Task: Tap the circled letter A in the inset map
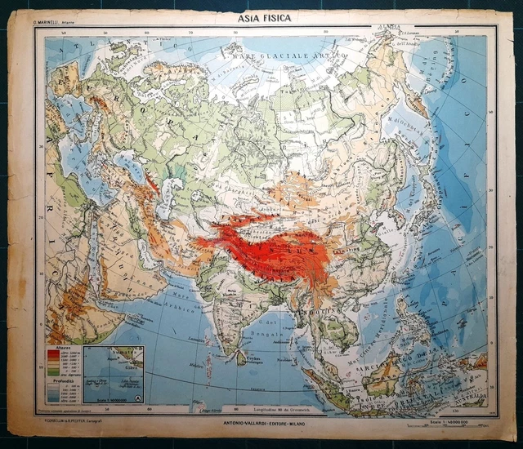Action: point(137,398)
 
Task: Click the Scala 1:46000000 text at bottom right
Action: point(458,420)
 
